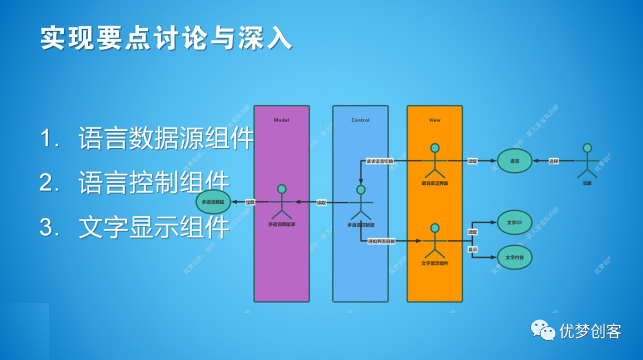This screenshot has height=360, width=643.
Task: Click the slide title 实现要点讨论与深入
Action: click(167, 38)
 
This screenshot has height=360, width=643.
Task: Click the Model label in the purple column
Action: click(281, 120)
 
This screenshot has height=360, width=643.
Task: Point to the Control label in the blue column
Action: click(360, 120)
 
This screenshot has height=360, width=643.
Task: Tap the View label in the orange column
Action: click(435, 120)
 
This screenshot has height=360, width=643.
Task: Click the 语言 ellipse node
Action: click(514, 161)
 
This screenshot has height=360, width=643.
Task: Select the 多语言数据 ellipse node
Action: click(213, 203)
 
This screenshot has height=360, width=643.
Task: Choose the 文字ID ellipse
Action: click(514, 223)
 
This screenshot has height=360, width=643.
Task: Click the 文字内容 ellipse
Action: click(514, 258)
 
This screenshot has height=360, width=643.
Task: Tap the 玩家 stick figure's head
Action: click(588, 148)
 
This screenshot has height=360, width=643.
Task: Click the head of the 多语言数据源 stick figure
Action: click(282, 189)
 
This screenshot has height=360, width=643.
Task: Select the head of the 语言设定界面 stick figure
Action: click(435, 148)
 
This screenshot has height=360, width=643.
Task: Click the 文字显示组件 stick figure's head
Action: click(435, 228)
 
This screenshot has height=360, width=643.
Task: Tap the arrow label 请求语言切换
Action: click(379, 161)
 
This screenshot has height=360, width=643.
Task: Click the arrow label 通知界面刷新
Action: click(382, 241)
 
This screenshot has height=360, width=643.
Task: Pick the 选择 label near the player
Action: click(553, 161)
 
